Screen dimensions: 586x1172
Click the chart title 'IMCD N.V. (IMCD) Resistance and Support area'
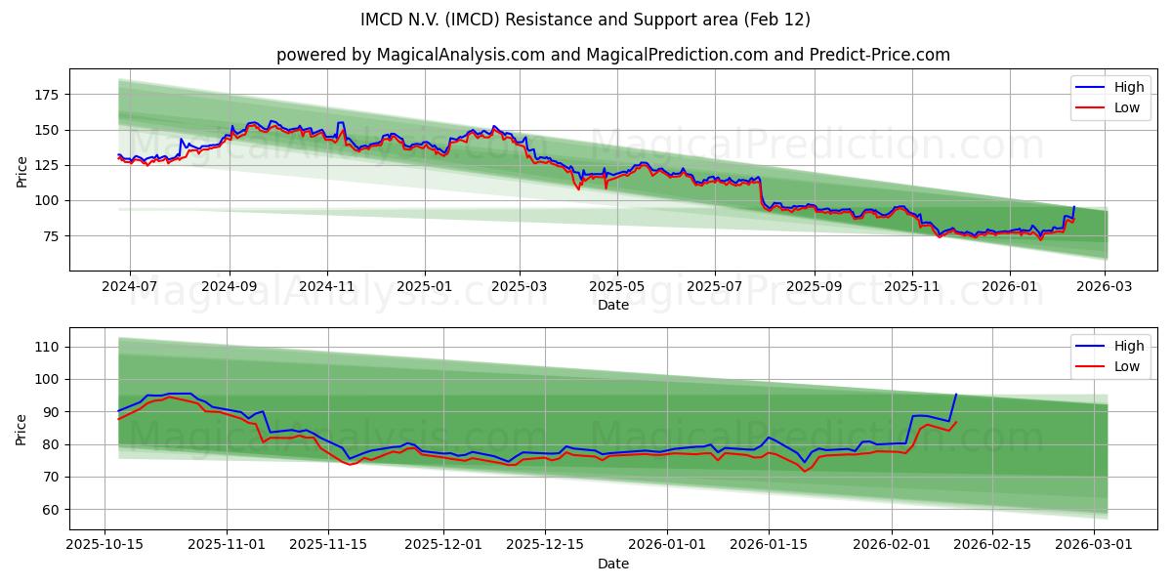pyautogui.click(x=585, y=20)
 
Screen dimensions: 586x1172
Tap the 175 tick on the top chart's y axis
pyautogui.click(x=45, y=95)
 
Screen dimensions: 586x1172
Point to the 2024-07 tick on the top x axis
pyautogui.click(x=129, y=287)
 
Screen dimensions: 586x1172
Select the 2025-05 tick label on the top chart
pyautogui.click(x=616, y=287)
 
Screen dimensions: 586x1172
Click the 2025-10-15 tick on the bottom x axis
pyautogui.click(x=105, y=545)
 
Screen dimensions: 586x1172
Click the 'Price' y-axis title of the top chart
pyautogui.click(x=21, y=171)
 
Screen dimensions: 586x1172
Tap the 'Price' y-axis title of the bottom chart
pyautogui.click(x=21, y=429)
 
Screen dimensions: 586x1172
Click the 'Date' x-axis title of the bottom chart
pyautogui.click(x=612, y=564)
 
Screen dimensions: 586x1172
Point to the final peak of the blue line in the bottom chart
pyautogui.click(x=956, y=395)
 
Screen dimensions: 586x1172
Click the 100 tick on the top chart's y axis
pyautogui.click(x=45, y=200)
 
